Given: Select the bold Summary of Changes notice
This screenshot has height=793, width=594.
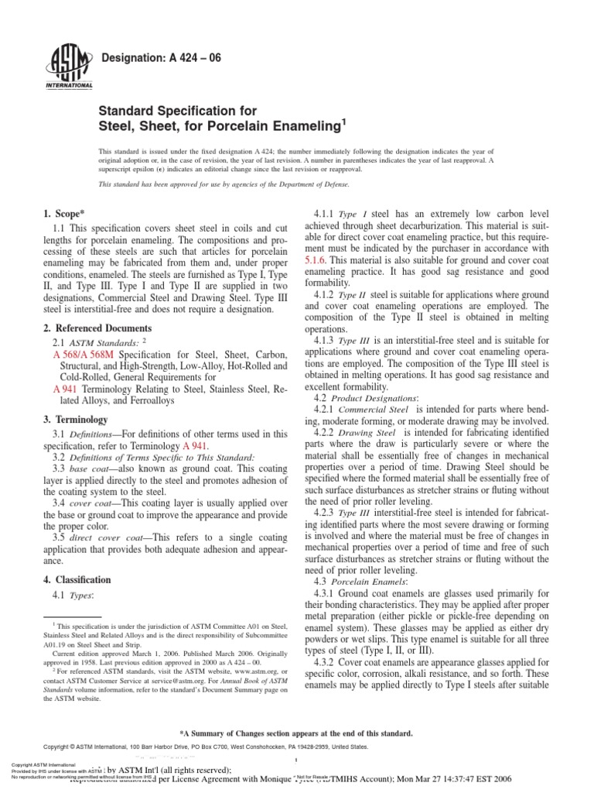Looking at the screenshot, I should coord(297,733).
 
